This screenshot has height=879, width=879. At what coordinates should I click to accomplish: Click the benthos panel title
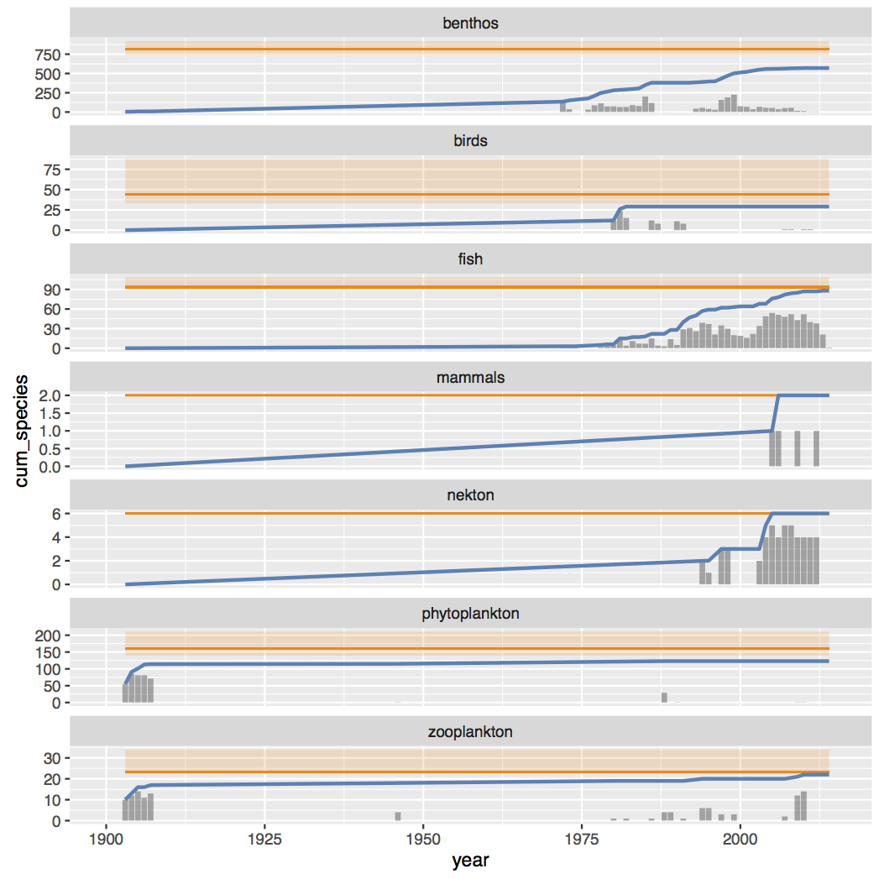pyautogui.click(x=470, y=24)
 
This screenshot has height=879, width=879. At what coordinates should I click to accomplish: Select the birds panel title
pyautogui.click(x=470, y=141)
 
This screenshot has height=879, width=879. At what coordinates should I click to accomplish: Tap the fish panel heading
pyautogui.click(x=470, y=259)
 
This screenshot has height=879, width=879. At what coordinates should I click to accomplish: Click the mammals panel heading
pyautogui.click(x=470, y=378)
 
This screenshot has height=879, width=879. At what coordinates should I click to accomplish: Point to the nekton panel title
pyautogui.click(x=470, y=495)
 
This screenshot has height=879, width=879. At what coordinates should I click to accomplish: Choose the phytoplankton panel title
pyautogui.click(x=470, y=614)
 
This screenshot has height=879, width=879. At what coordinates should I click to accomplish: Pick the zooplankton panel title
pyautogui.click(x=470, y=732)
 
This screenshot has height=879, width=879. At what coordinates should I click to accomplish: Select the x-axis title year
pyautogui.click(x=470, y=861)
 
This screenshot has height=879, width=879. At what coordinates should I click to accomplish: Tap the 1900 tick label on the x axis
pyautogui.click(x=106, y=839)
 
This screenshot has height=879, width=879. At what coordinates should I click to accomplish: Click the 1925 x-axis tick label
pyautogui.click(x=264, y=839)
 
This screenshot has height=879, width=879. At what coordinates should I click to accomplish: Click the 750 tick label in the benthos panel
pyautogui.click(x=47, y=55)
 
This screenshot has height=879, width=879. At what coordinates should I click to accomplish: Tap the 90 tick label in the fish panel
pyautogui.click(x=52, y=290)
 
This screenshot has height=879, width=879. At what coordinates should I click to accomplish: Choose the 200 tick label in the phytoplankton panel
pyautogui.click(x=47, y=636)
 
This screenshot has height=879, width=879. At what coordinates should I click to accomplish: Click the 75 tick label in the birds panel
pyautogui.click(x=52, y=170)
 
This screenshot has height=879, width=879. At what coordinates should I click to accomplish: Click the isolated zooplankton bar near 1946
pyautogui.click(x=398, y=816)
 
